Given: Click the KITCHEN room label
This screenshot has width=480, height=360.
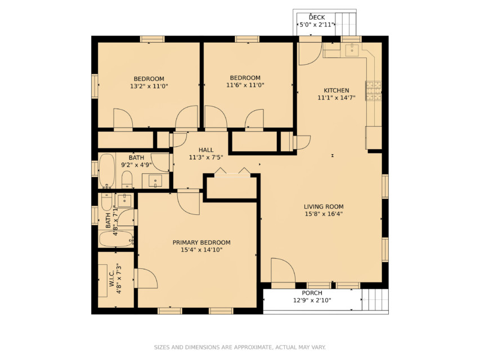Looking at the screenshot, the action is pyautogui.click(x=337, y=91).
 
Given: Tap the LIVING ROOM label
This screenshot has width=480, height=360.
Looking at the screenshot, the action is pyautogui.click(x=324, y=206).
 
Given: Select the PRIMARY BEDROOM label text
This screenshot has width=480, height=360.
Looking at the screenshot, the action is pyautogui.click(x=201, y=242).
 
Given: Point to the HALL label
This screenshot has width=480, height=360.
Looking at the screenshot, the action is pyautogui.click(x=206, y=150).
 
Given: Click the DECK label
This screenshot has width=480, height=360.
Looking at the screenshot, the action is pyautogui.click(x=317, y=17).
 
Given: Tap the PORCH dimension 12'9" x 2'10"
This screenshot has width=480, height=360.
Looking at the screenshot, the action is pyautogui.click(x=312, y=300).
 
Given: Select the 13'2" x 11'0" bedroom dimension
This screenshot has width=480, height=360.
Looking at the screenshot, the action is pyautogui.click(x=149, y=86).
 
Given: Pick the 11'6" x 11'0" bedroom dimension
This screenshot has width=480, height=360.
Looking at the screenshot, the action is pyautogui.click(x=245, y=85).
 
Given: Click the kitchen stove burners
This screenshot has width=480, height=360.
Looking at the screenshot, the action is pyautogui.click(x=374, y=91).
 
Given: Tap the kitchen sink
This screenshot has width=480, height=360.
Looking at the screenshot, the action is pyautogui.click(x=352, y=49).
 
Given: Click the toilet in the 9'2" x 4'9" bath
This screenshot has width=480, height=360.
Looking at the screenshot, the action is pyautogui.click(x=127, y=179).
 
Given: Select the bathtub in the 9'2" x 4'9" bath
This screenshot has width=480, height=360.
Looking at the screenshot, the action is pyautogui.click(x=106, y=171).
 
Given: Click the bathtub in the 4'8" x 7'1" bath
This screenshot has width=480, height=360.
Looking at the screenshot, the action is pyautogui.click(x=116, y=238).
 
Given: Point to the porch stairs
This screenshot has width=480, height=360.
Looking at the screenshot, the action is pyautogui.click(x=375, y=300).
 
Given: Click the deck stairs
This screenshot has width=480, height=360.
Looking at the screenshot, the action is pyautogui.click(x=346, y=24).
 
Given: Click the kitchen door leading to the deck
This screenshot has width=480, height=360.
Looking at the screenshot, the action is pyautogui.click(x=310, y=53).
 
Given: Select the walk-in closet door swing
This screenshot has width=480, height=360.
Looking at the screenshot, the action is pyautogui.click(x=146, y=278).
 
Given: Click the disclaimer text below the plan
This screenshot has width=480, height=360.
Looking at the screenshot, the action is pyautogui.click(x=240, y=347).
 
